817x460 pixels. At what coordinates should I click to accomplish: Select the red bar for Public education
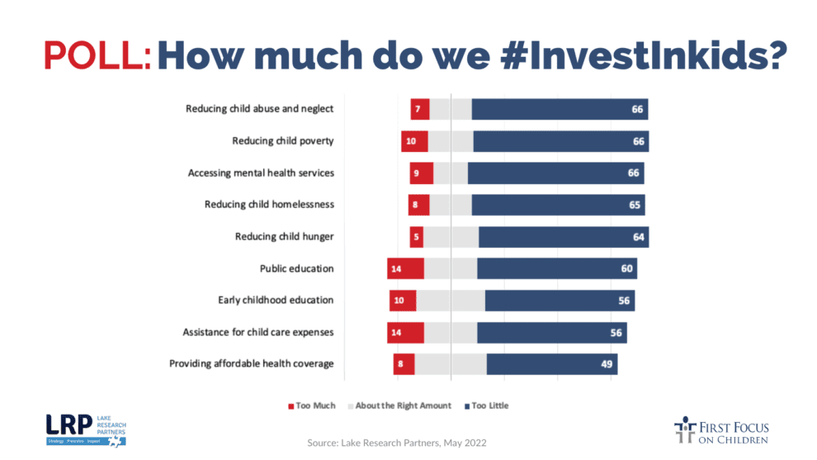[x=405, y=268]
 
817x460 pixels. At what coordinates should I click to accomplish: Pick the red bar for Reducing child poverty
[x=414, y=141]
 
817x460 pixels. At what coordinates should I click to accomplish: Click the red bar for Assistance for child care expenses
[x=405, y=332]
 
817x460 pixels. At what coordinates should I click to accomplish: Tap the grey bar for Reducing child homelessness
[x=451, y=205]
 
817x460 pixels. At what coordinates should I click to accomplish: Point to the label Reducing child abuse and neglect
[x=259, y=109]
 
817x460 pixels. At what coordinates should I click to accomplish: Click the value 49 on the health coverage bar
[x=606, y=364]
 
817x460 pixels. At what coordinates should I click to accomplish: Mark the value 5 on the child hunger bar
[x=417, y=237]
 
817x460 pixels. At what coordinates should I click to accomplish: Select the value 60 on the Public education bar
[x=626, y=268]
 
